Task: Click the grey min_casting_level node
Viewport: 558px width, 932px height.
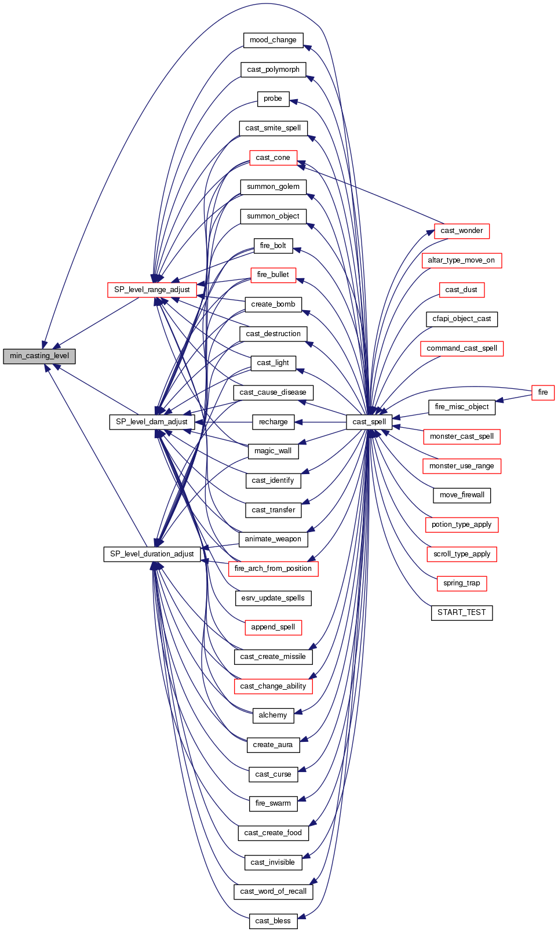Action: point(39,356)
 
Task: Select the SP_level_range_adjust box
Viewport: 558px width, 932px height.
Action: point(152,290)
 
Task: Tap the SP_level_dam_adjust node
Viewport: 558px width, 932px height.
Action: point(152,422)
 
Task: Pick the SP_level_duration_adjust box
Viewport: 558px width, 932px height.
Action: point(152,554)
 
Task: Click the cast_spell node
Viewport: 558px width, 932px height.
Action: point(369,422)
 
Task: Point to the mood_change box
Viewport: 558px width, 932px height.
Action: point(273,40)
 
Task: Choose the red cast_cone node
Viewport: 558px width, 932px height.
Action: point(273,158)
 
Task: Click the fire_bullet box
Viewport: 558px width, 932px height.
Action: point(273,275)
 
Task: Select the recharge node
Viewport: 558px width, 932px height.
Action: point(273,422)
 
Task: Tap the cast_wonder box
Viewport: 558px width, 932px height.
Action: point(461,231)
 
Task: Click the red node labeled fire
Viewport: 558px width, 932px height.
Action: point(542,392)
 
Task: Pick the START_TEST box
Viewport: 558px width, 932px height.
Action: point(461,613)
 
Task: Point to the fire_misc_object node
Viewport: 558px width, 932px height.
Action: point(461,407)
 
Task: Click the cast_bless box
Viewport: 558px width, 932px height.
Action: point(273,921)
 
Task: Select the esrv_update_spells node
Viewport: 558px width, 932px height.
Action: point(273,598)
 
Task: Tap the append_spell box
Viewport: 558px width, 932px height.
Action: point(273,627)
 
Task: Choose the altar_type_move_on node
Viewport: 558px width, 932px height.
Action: point(461,260)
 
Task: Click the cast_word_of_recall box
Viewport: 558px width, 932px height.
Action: point(273,891)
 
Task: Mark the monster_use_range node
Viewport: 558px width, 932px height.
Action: point(461,466)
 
